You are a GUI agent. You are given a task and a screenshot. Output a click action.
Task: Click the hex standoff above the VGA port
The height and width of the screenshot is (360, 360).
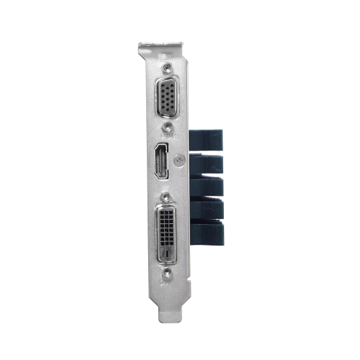168,67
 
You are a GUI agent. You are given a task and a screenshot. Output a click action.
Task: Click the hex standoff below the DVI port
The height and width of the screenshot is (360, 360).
167,272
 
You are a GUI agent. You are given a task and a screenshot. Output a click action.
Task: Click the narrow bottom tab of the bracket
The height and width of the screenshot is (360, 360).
170,310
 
